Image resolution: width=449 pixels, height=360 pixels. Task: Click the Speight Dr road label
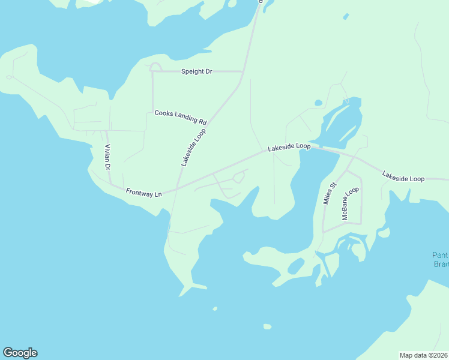[x=197, y=71]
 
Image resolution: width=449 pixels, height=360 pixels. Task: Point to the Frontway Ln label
[x=144, y=193]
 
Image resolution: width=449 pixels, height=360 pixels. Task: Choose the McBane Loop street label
[x=350, y=203]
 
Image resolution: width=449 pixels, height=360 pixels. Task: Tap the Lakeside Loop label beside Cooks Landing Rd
[x=193, y=147]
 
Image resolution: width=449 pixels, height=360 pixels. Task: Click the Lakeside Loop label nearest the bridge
[x=289, y=146]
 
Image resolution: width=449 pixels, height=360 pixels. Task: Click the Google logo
[x=20, y=353]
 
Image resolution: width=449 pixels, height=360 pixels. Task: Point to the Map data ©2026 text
[x=424, y=355]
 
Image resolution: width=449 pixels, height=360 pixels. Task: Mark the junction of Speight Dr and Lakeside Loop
[x=243, y=71]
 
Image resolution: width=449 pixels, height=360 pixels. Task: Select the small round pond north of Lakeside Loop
[x=318, y=103]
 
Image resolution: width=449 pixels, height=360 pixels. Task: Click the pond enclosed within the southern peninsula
[x=296, y=265]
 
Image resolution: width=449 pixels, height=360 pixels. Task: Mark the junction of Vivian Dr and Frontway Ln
[x=111, y=184]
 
